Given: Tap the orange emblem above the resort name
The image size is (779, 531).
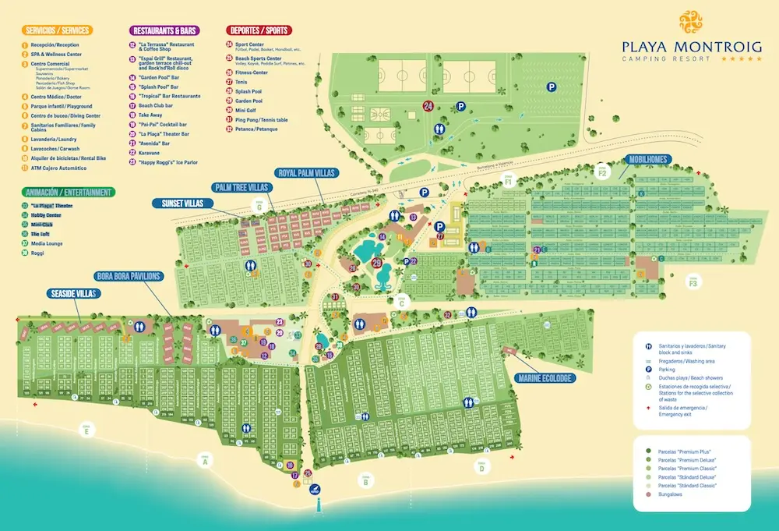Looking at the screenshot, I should click(x=693, y=21).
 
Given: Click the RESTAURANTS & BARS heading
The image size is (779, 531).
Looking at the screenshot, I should click(x=164, y=30).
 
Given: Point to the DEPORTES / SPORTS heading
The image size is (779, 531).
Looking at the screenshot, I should click(x=259, y=30).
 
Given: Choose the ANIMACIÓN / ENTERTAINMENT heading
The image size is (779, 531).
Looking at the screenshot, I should click(x=69, y=192).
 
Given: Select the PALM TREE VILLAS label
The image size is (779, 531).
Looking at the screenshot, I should click(x=241, y=187).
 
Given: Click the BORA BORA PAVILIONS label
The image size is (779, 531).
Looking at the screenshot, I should click(x=129, y=276).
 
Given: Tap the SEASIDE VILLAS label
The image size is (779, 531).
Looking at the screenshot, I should click(x=72, y=293).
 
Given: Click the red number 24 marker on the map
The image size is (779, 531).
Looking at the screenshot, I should click(x=428, y=105).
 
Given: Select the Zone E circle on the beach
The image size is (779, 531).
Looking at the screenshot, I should click(x=86, y=428).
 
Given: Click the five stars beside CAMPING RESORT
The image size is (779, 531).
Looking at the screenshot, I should click(x=742, y=59).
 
